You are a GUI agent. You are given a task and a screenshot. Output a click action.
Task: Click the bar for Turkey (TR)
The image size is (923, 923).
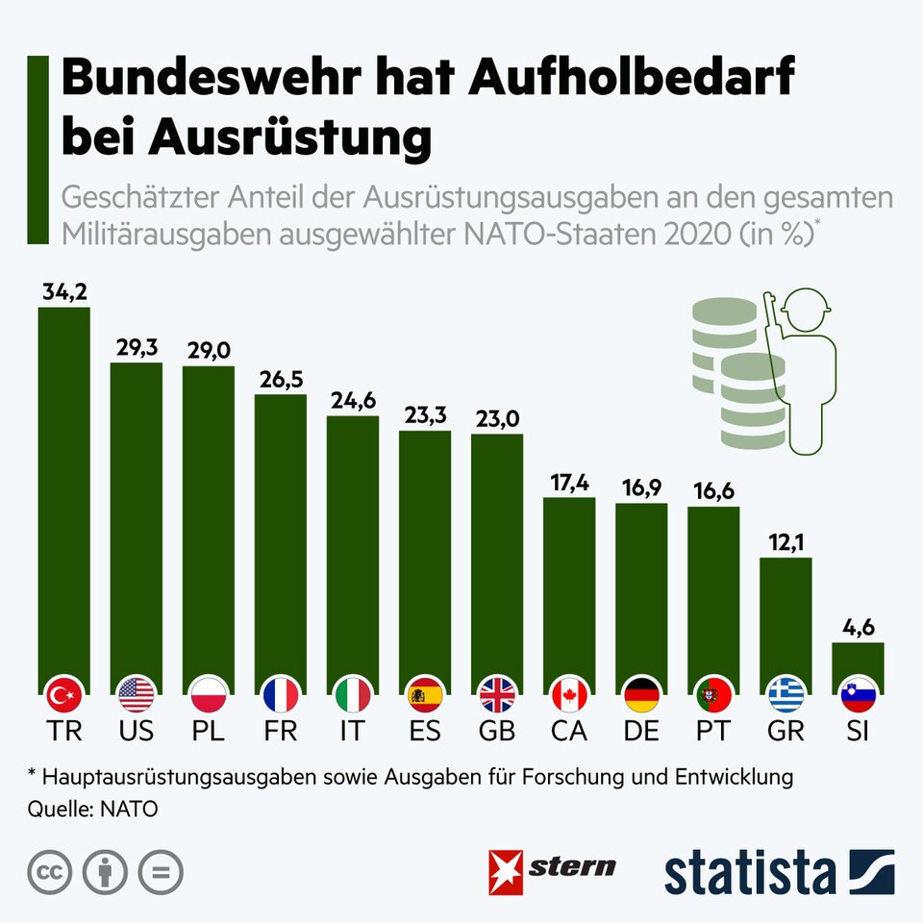(x=63, y=490)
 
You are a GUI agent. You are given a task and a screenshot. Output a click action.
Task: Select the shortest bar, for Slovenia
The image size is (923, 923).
(x=858, y=663)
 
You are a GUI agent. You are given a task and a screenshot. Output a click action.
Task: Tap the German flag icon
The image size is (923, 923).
(x=641, y=692)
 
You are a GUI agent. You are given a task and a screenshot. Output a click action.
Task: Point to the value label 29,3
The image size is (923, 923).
(x=137, y=349)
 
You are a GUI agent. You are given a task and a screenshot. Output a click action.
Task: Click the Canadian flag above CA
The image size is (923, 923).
(x=569, y=692)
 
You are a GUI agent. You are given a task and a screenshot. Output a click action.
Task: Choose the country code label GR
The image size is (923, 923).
(x=786, y=730)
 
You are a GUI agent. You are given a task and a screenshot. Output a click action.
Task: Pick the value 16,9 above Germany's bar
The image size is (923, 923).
(x=641, y=489)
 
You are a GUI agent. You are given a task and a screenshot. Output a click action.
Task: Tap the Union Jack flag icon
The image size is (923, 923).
(x=497, y=692)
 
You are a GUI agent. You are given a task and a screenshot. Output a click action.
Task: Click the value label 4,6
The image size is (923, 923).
(x=858, y=629)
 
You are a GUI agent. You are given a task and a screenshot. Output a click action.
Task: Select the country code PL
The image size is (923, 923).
(x=209, y=730)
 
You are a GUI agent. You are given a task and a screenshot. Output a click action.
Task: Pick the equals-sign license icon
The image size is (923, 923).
(x=160, y=872)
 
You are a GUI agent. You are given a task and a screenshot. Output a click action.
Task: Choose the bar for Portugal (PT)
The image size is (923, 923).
(x=713, y=591)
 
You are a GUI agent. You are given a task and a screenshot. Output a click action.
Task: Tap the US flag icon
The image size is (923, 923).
(x=137, y=692)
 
